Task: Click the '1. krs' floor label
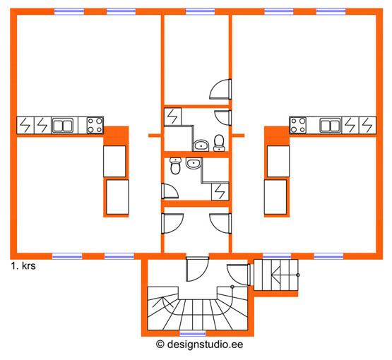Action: pyautogui.click(x=23, y=266)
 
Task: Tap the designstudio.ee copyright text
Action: pyautogui.click(x=199, y=344)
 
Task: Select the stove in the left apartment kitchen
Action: pyautogui.click(x=95, y=125)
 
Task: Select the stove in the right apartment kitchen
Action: pyautogui.click(x=298, y=125)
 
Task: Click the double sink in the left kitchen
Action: pyautogui.click(x=63, y=126)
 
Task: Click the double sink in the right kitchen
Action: pyautogui.click(x=331, y=126)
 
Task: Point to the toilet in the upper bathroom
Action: pyautogui.click(x=219, y=143)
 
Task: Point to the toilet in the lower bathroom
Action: pyautogui.click(x=175, y=166)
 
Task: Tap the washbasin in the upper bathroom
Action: pyautogui.click(x=201, y=145)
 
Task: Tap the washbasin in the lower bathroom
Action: pyautogui.click(x=194, y=163)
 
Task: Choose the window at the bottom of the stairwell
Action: pyautogui.click(x=193, y=333)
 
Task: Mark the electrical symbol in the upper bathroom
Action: pyautogui.click(x=173, y=116)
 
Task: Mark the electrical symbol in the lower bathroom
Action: pyautogui.click(x=220, y=191)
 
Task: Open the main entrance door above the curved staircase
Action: pyautogui.click(x=197, y=269)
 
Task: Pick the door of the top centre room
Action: pyautogui.click(x=220, y=89)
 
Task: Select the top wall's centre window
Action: pyautogui.click(x=200, y=11)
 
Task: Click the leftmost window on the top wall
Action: pyautogui.click(x=69, y=11)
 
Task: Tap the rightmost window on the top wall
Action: pyautogui.click(x=331, y=11)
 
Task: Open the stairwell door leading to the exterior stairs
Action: pyautogui.click(x=239, y=275)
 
